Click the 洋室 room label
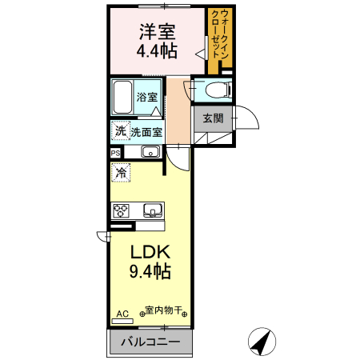[x=157, y=32]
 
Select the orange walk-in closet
[x=218, y=40]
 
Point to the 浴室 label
[x=146, y=97]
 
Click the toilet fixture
[x=210, y=90]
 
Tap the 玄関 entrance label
[x=212, y=118]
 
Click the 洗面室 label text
[x=146, y=132]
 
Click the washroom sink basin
[x=150, y=151]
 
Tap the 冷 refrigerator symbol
[x=121, y=172]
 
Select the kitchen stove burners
[x=121, y=211]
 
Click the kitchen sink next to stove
[x=152, y=210]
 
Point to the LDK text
[x=150, y=251]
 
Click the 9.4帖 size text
[x=150, y=271]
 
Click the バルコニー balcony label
[x=150, y=343]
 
